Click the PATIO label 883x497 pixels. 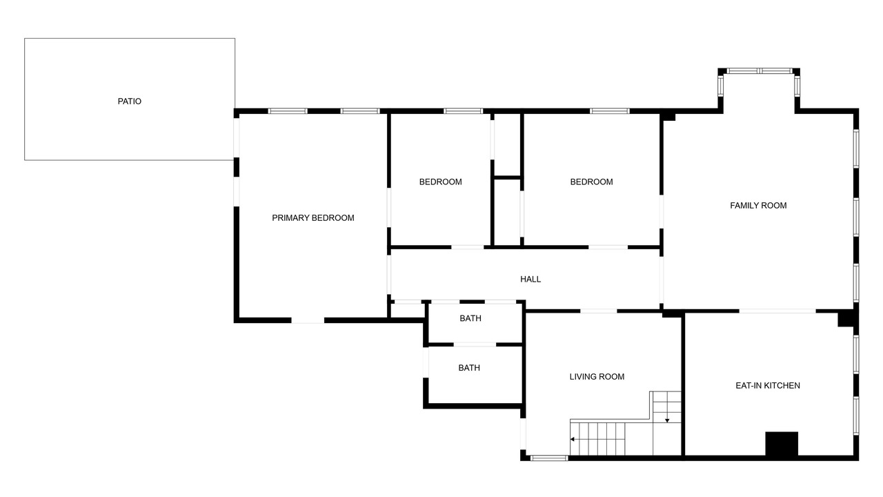(x=129, y=101)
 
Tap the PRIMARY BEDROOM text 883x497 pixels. (x=313, y=218)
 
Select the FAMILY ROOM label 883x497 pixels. (x=758, y=206)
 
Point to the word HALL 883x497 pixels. (x=530, y=280)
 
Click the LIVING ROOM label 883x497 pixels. (x=597, y=377)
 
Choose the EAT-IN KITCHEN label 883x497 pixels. (x=768, y=386)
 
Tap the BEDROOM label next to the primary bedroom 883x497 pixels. (x=440, y=182)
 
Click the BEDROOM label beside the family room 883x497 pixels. (x=591, y=182)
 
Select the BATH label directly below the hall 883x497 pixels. (x=470, y=318)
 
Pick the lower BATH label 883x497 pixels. (x=469, y=368)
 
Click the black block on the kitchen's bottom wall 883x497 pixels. (x=782, y=444)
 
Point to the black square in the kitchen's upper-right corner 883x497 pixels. (x=846, y=319)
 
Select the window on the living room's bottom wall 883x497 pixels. (x=549, y=458)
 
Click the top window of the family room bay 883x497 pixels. (x=760, y=71)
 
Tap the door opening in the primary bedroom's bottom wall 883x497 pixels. (x=308, y=320)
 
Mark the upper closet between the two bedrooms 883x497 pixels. (x=507, y=145)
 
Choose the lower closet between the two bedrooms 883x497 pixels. (x=507, y=212)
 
